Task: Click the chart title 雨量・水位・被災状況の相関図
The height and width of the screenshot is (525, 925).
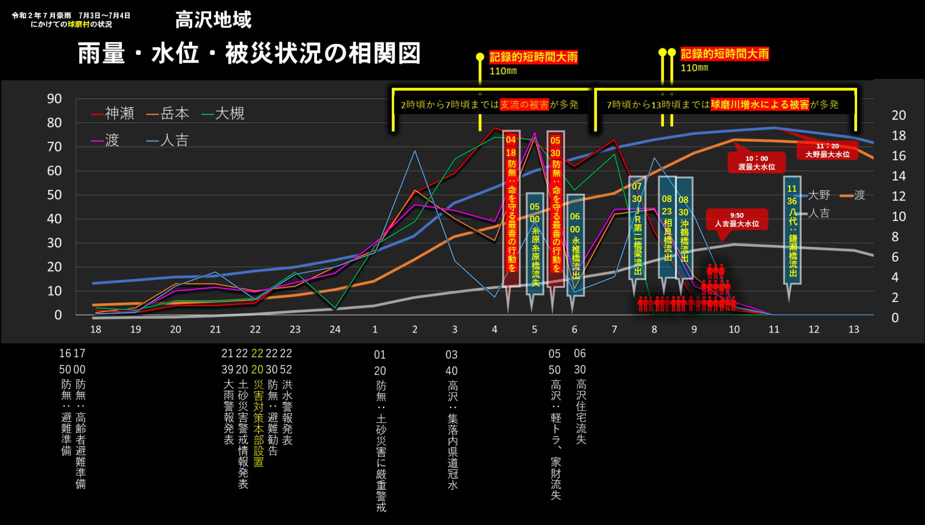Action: [x=249, y=53]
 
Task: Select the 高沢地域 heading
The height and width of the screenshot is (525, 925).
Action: [x=213, y=20]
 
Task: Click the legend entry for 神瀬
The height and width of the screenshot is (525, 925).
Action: [x=113, y=114]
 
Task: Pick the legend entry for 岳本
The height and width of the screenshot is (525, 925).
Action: [x=168, y=114]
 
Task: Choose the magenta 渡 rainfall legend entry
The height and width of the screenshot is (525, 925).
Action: [x=106, y=140]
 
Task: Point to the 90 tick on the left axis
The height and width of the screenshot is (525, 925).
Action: [x=54, y=99]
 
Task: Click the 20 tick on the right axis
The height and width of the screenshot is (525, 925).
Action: [x=899, y=115]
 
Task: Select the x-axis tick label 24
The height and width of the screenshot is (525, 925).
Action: [x=335, y=329]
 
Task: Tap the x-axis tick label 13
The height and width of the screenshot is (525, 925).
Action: [x=853, y=329]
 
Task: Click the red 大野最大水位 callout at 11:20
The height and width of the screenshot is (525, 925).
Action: [x=827, y=150]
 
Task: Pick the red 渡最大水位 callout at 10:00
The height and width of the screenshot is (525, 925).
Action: [x=756, y=162]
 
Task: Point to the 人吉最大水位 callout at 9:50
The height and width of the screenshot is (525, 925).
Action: [x=737, y=220]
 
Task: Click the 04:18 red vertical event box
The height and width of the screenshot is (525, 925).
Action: [x=511, y=207]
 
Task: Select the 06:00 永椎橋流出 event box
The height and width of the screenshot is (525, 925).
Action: [x=575, y=243]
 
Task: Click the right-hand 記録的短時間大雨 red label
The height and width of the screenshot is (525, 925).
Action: [x=725, y=54]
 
